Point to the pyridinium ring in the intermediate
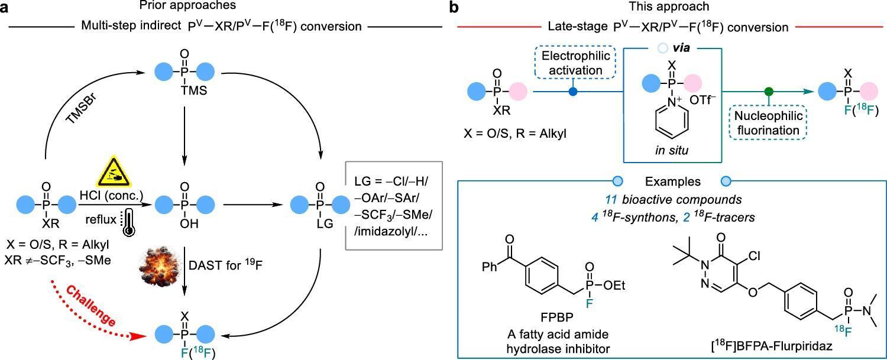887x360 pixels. [x=672, y=121]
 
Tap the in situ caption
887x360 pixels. [x=672, y=150]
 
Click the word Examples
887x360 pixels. [x=672, y=181]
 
